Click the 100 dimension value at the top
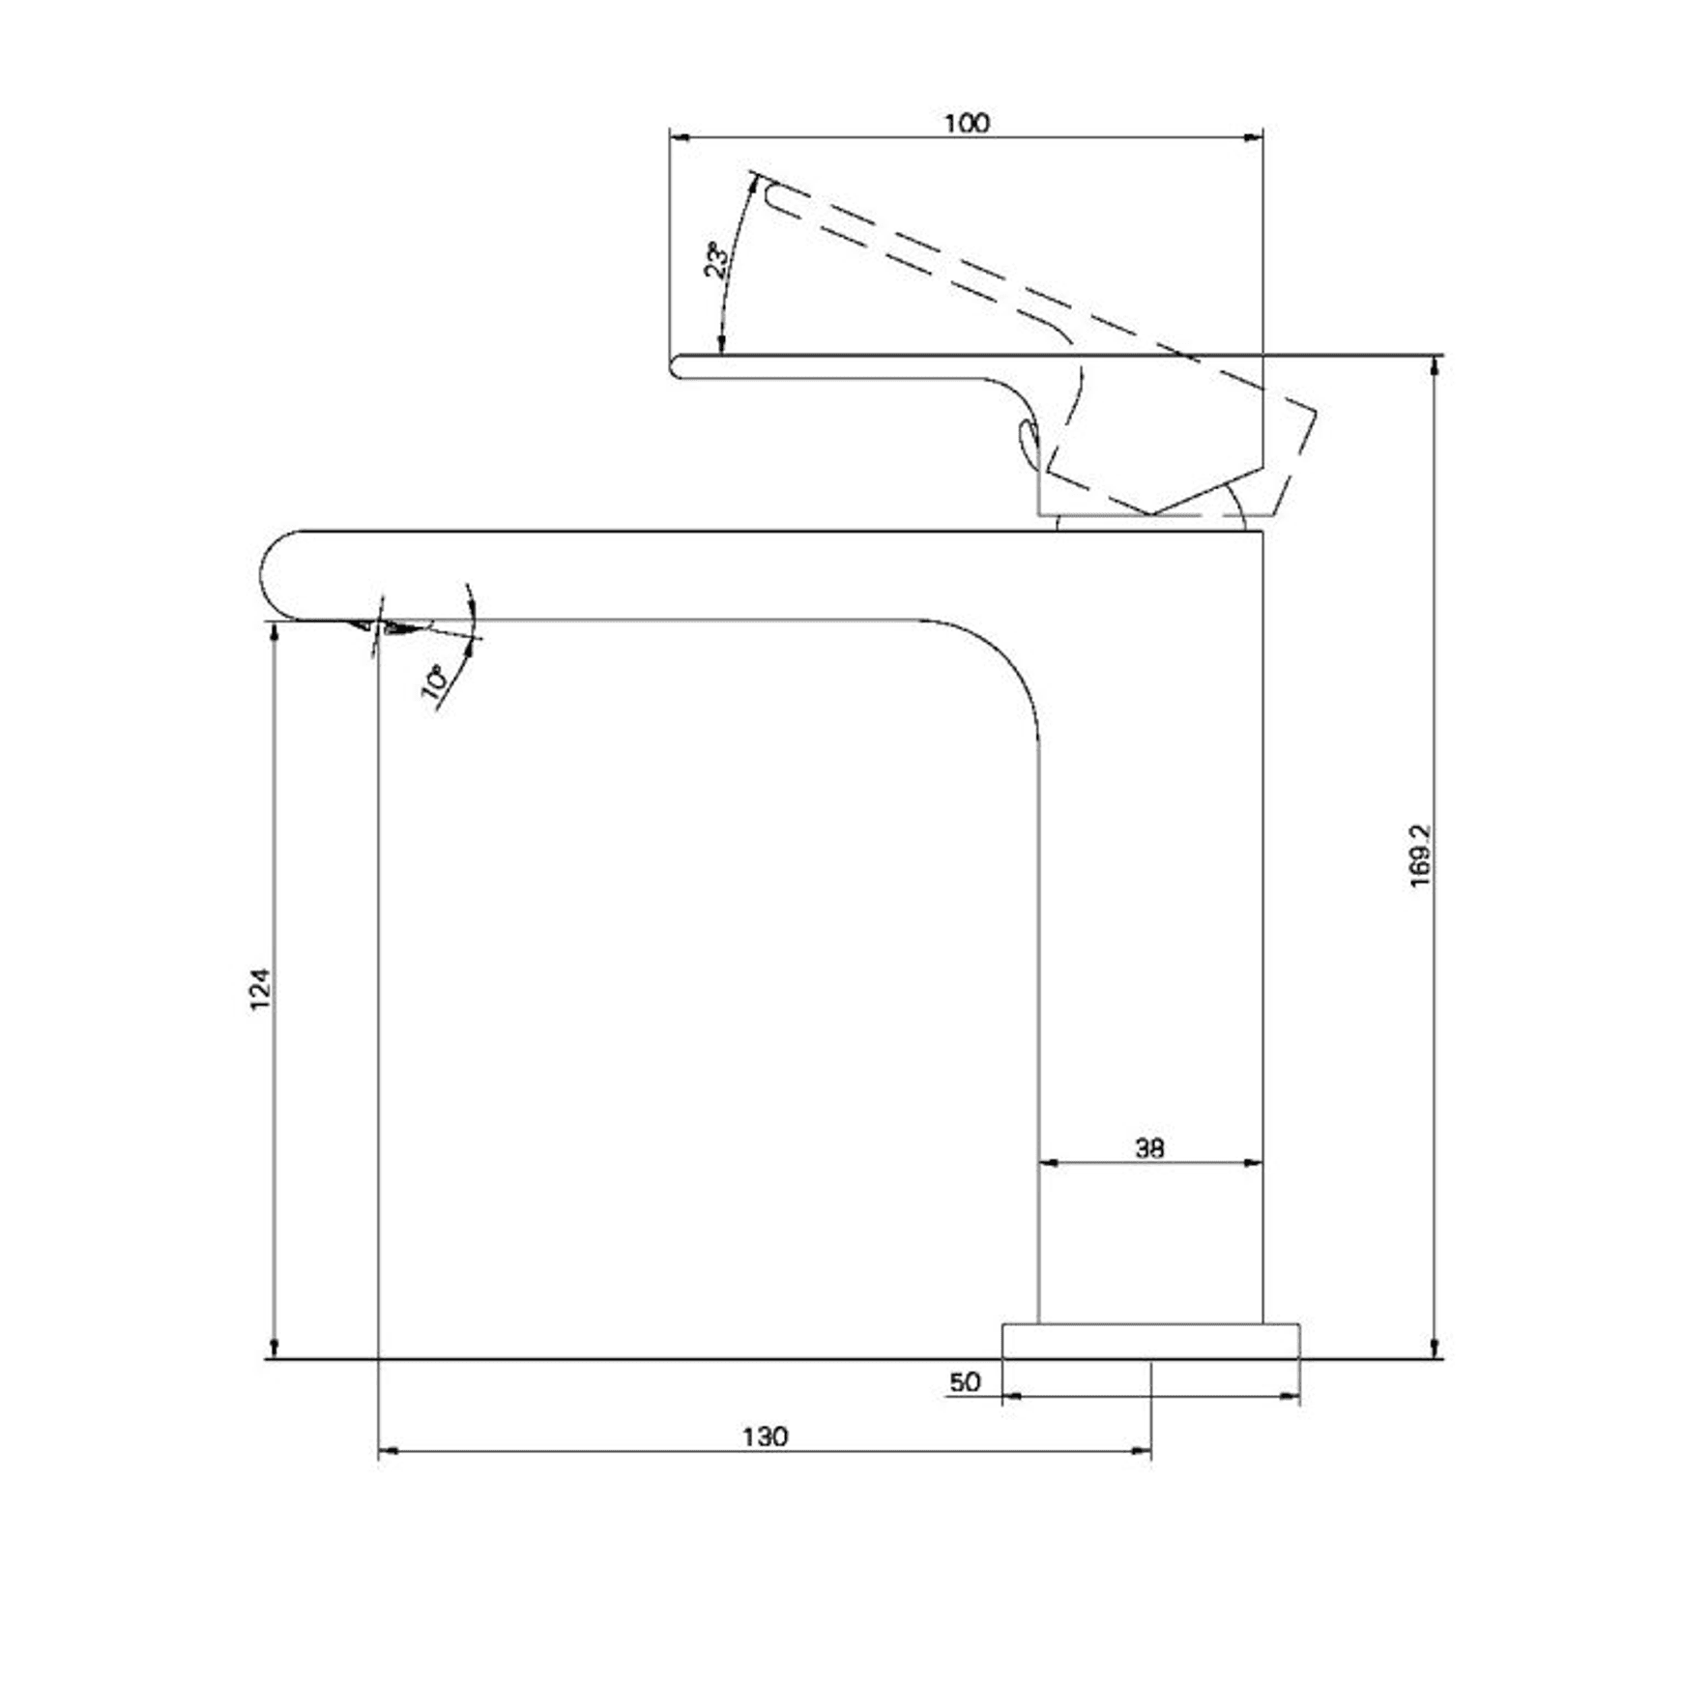967,123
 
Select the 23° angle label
717,260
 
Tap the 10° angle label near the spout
435,681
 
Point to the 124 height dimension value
261,989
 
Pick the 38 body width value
1149,1147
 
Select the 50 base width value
965,1381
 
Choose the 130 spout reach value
765,1436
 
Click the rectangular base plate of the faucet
1150,1341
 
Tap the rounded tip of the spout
264,575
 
